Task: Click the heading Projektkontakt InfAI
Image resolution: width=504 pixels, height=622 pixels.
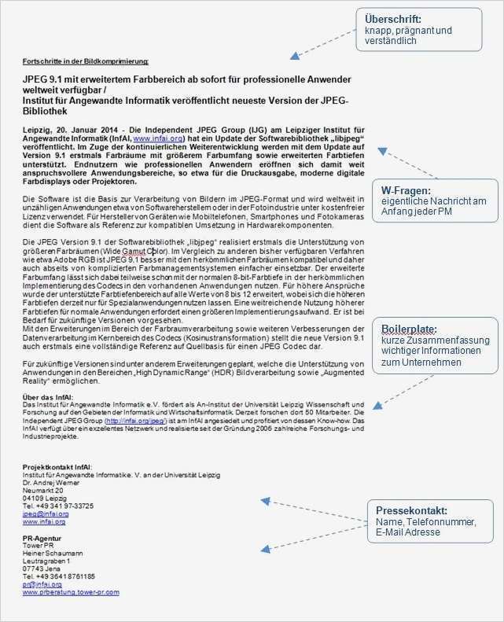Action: tap(57, 467)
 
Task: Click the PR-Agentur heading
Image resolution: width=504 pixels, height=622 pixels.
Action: tap(42, 538)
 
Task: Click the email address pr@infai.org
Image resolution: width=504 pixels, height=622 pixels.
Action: tap(42, 584)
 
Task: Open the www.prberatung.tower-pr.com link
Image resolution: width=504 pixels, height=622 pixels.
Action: tap(71, 592)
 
